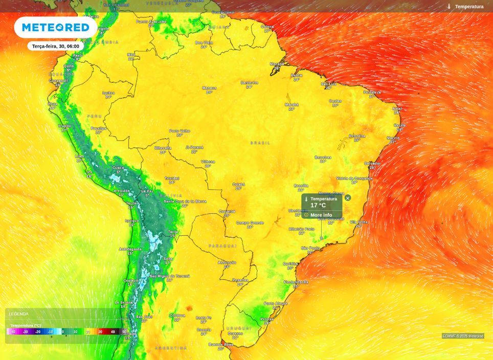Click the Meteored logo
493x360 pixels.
[x=55, y=28]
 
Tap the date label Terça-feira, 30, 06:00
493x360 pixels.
[x=55, y=46]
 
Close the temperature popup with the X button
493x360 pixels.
[x=348, y=198]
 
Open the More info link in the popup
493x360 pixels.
[x=321, y=215]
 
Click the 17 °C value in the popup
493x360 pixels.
[x=318, y=206]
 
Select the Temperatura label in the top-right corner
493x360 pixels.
[x=469, y=7]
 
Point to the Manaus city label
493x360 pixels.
[x=209, y=88]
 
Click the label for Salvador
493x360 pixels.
[x=372, y=163]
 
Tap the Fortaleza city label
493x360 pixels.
[x=372, y=92]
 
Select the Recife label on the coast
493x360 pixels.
[x=399, y=125]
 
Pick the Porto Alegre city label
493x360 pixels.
[x=276, y=303]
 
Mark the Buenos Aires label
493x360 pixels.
[x=220, y=344]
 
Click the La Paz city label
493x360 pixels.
[x=147, y=191]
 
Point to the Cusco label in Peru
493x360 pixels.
[x=118, y=167]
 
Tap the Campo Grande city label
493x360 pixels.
[x=250, y=222]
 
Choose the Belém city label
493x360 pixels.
[x=297, y=75]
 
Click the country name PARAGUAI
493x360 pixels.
[x=222, y=246]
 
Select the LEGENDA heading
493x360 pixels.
[x=19, y=314]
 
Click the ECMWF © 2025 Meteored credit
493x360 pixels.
[x=463, y=336]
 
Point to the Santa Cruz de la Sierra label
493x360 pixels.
[x=185, y=201]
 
